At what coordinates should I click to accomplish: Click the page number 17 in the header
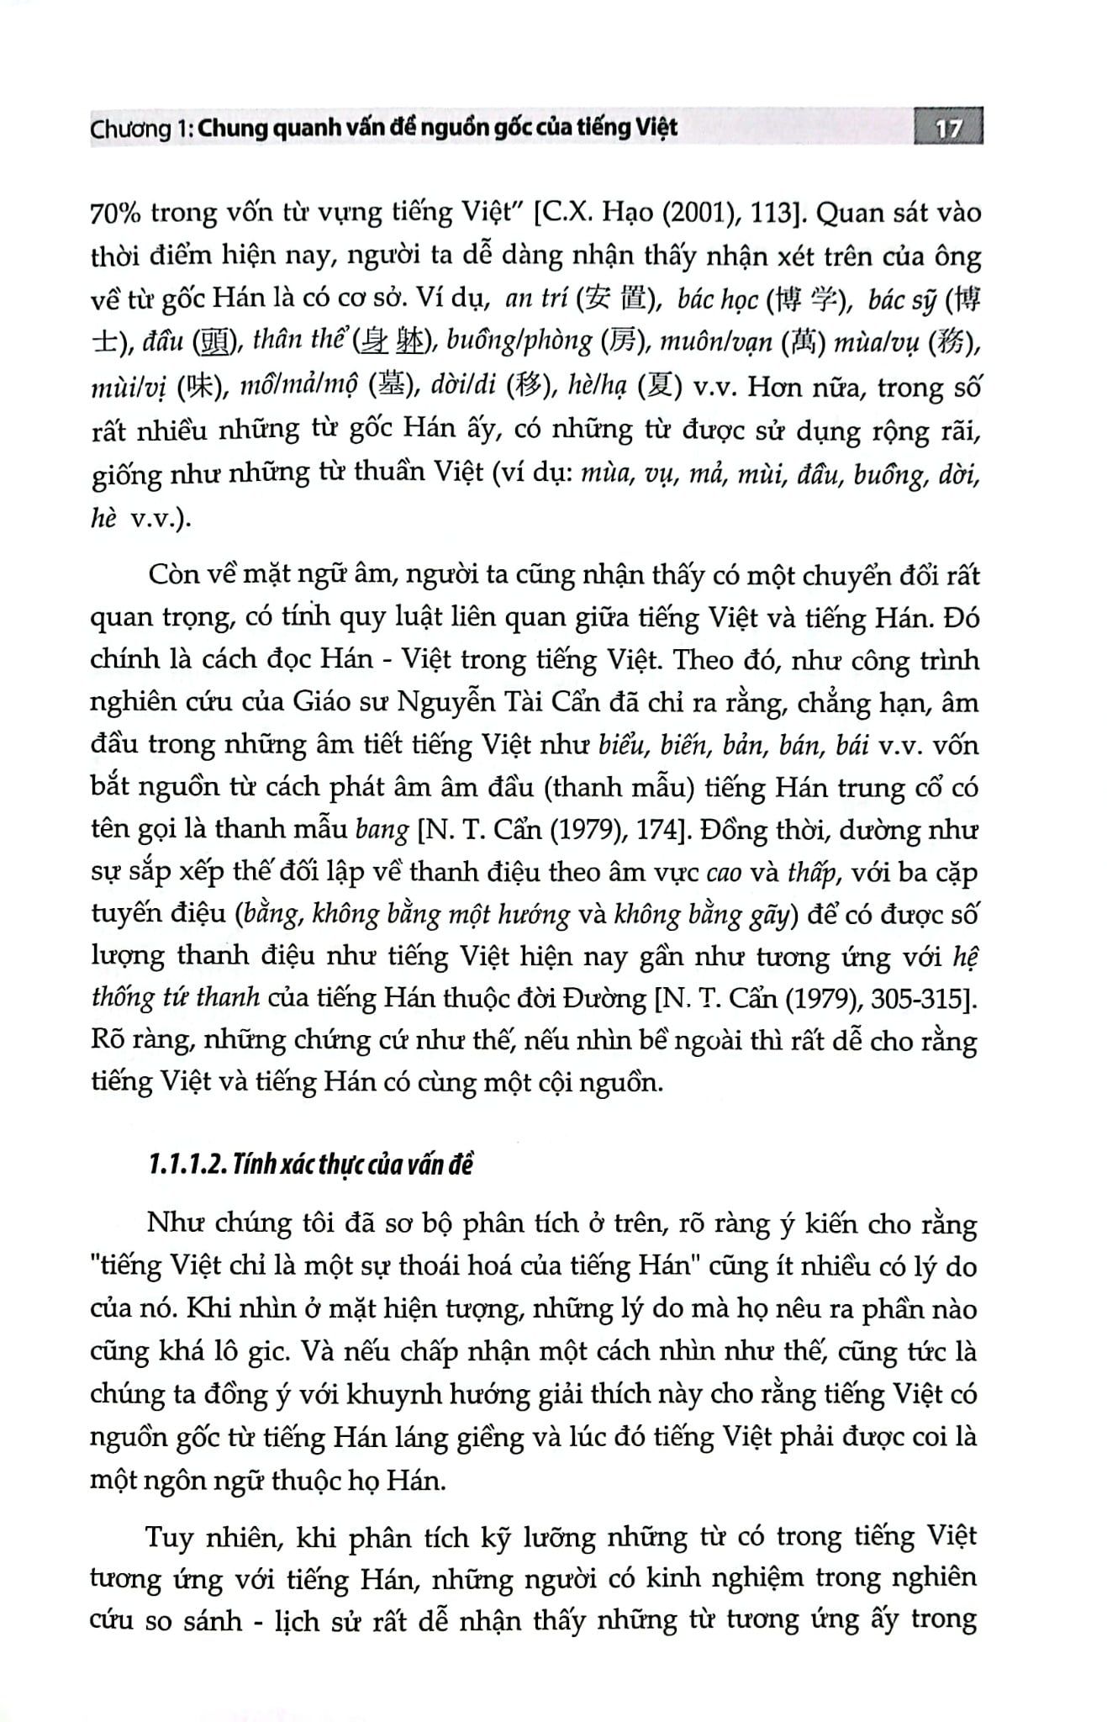coord(947,129)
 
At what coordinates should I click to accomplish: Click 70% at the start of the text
coord(116,214)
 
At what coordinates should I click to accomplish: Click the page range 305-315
coord(918,999)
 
